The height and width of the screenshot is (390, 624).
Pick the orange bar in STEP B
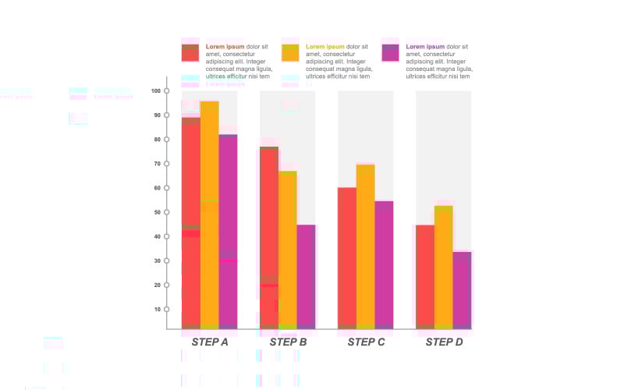click(x=288, y=250)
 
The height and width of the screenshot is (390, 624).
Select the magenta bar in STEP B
click(x=306, y=277)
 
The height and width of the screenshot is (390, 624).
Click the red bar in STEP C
click(x=347, y=258)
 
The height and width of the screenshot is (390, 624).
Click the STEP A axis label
click(x=210, y=342)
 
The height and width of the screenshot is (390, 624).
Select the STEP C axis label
click(x=366, y=342)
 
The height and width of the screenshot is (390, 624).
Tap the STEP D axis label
click(x=444, y=342)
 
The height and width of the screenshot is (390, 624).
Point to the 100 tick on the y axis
click(x=167, y=91)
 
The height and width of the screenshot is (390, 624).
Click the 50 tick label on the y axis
click(x=155, y=212)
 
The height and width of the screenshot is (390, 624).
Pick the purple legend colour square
click(x=391, y=52)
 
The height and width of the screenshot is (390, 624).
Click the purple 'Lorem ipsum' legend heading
click(x=425, y=47)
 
